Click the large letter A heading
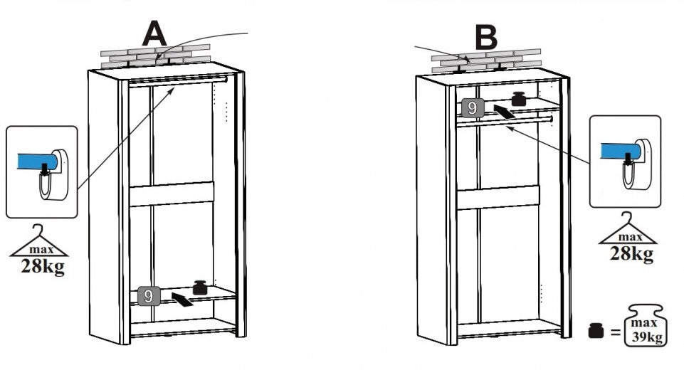[154, 34]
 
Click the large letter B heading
[486, 37]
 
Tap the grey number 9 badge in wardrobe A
[148, 296]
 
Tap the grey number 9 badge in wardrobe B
[473, 108]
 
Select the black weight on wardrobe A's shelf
[200, 287]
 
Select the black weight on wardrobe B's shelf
[519, 99]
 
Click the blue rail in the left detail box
[36, 161]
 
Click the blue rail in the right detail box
[620, 151]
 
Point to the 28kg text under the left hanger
[42, 266]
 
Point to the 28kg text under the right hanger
[631, 253]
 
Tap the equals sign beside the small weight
[615, 332]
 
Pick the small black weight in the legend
[596, 330]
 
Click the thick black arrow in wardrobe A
[182, 300]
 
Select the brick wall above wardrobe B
[487, 61]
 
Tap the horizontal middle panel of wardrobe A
[172, 194]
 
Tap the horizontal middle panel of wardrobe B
[498, 198]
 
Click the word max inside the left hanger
[41, 250]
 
